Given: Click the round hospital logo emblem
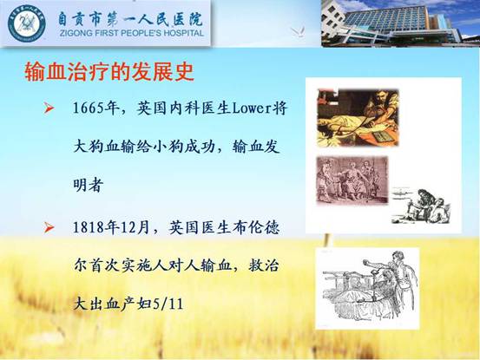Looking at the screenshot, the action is coord(27,23).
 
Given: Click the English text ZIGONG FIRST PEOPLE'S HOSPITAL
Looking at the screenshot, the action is coord(132,33).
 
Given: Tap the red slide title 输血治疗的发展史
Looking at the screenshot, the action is coord(109,72).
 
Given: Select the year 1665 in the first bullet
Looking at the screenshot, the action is coord(89,108).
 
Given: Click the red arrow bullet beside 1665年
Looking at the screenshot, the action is coord(49,108).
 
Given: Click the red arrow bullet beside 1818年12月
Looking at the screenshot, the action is coord(49,228).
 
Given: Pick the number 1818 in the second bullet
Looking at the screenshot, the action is coord(89,227).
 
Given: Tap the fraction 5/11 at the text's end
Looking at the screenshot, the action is coord(168,304).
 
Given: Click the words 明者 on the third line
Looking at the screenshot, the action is coord(88,186).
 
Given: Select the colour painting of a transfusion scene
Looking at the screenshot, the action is coord(358,118).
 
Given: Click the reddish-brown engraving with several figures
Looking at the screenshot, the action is coord(352,180).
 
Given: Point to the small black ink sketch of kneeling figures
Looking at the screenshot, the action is coord(421,206).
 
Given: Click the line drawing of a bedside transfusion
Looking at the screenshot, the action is coord(367,288).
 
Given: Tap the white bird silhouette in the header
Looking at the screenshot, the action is coord(298,31).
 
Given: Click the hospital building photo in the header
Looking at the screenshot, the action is coord(400,23).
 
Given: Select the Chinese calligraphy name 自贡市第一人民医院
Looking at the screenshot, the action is coord(130,17).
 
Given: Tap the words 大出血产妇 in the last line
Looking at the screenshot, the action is coord(112,304).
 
